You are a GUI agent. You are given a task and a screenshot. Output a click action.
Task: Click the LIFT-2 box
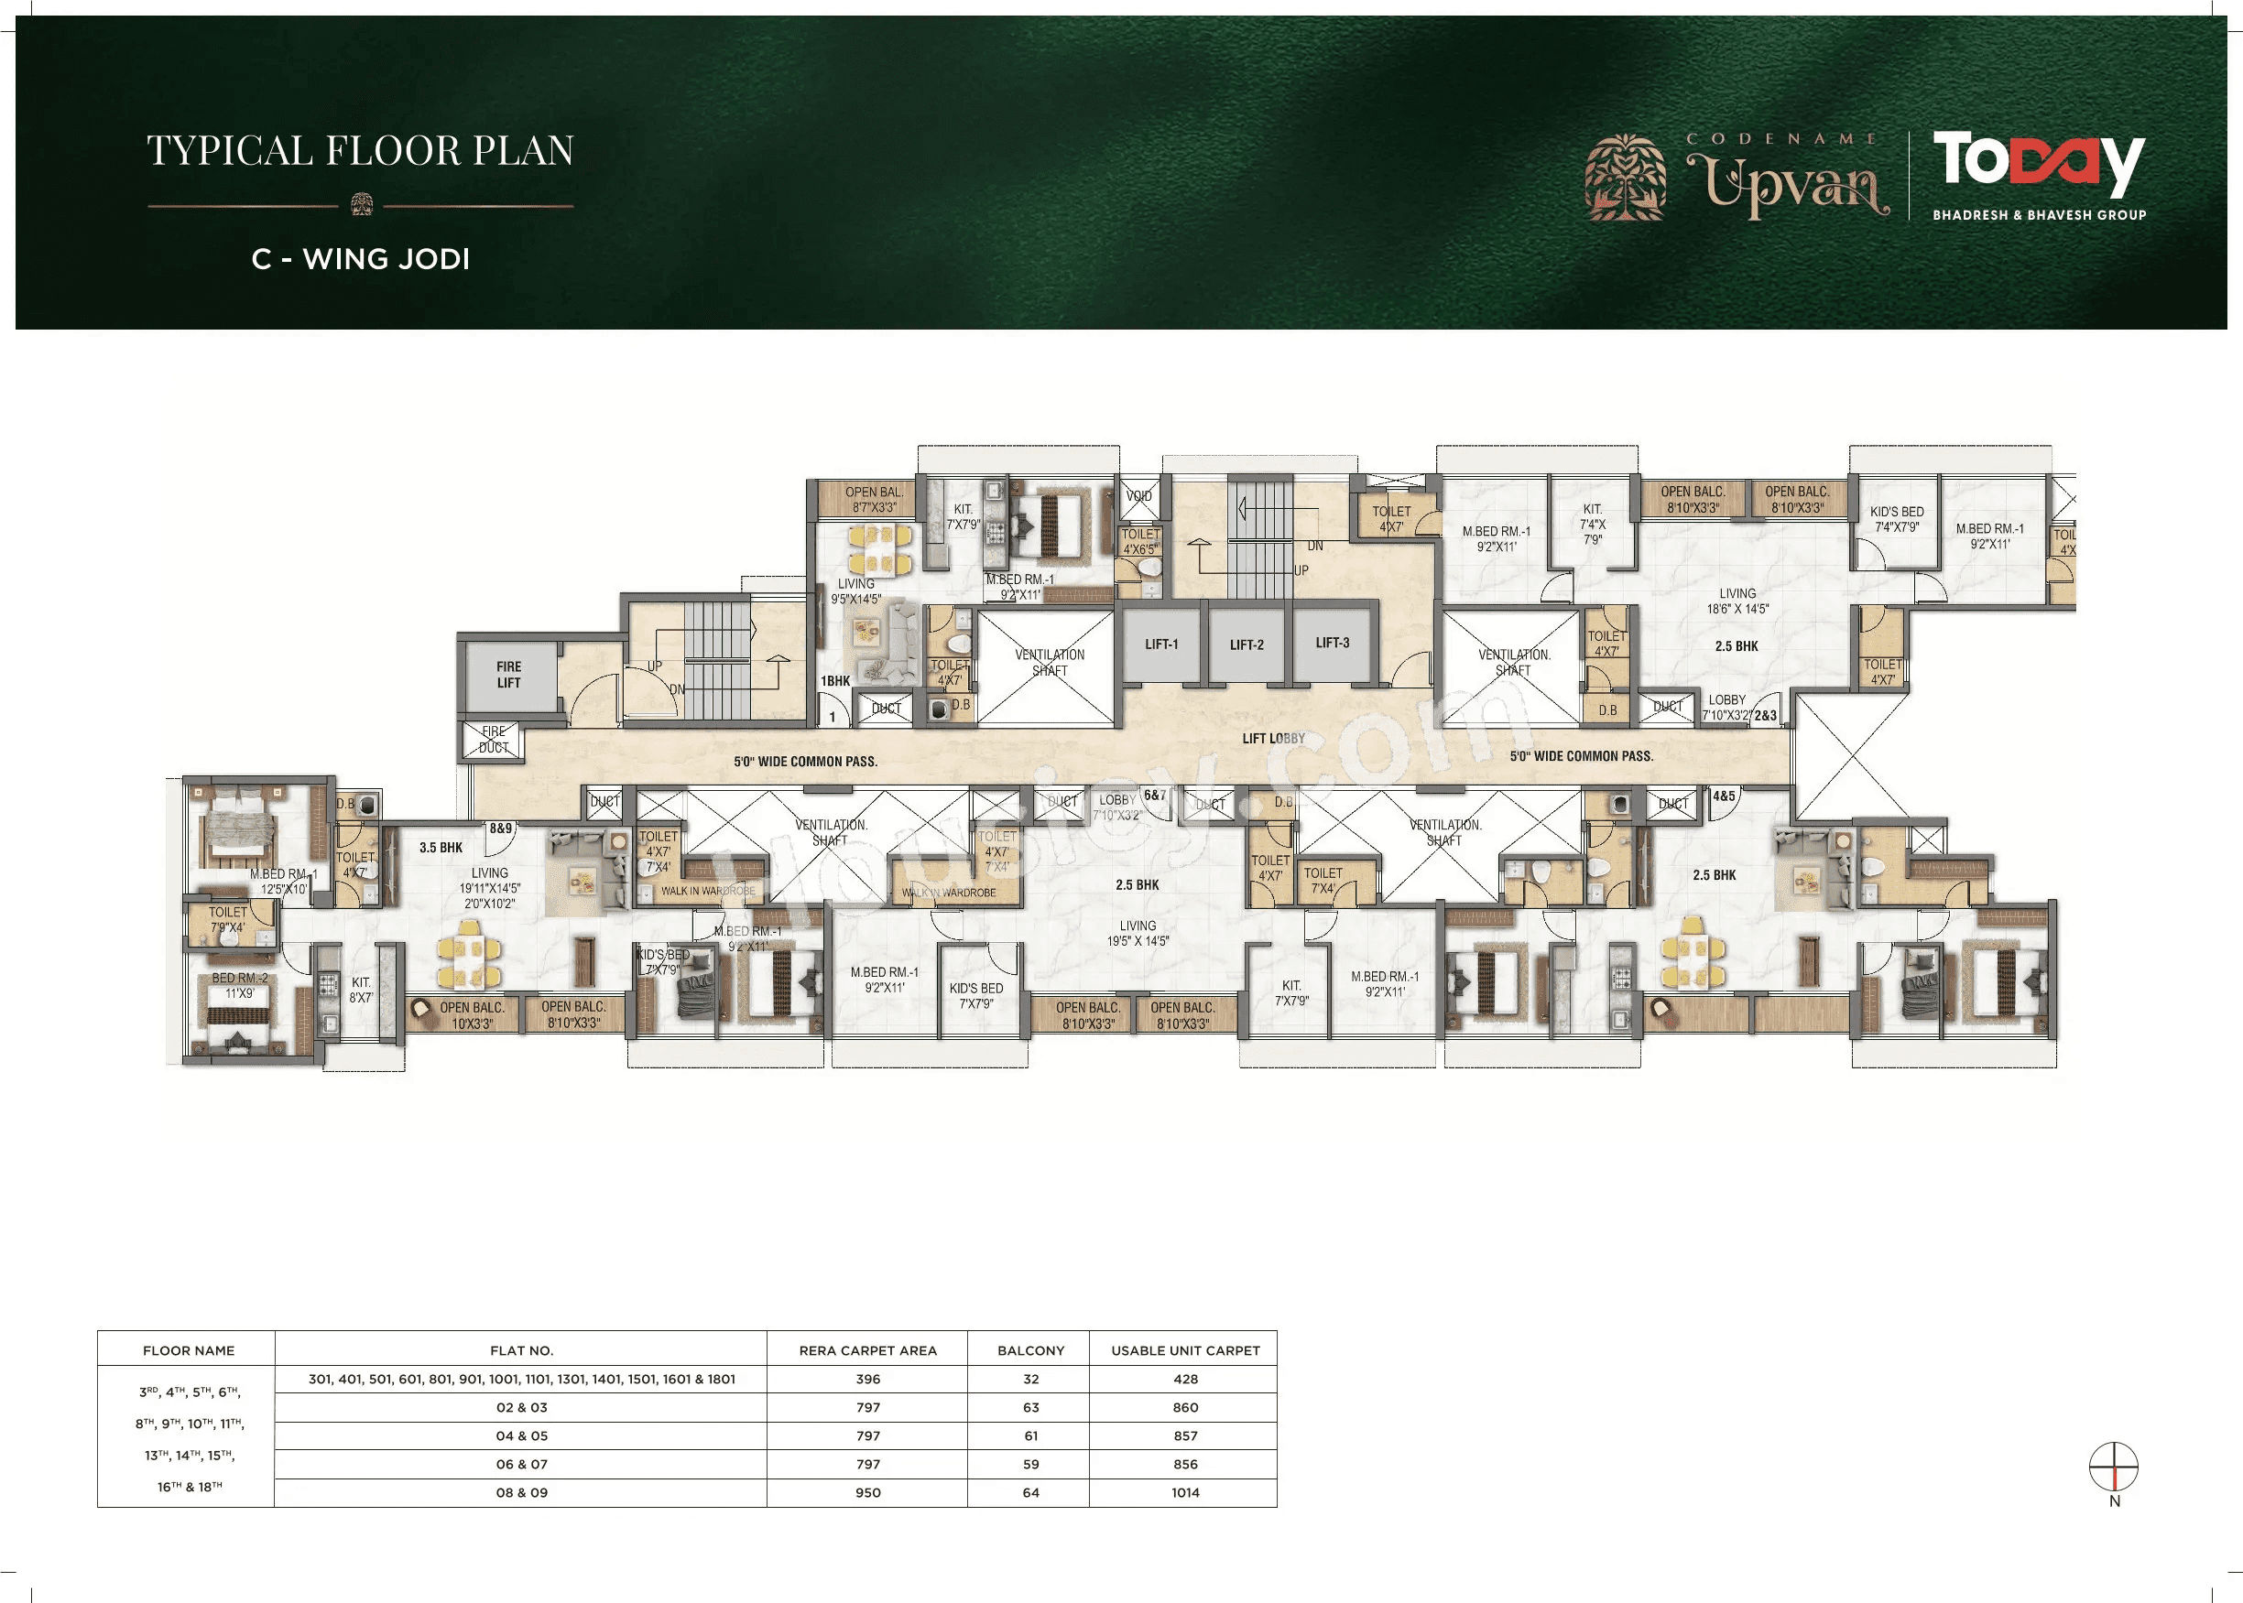1247,644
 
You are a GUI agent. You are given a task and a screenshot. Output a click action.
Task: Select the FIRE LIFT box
508,675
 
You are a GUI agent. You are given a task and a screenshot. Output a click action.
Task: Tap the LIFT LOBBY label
1273,738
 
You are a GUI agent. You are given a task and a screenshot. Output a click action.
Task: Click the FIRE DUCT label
493,740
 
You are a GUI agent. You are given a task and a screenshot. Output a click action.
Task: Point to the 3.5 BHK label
441,848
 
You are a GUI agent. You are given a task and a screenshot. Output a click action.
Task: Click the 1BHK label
835,681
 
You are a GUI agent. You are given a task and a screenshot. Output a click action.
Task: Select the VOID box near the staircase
1138,496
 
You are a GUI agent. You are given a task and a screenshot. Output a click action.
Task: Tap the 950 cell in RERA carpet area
867,1492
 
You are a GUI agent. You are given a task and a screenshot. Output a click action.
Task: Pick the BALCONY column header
1029,1350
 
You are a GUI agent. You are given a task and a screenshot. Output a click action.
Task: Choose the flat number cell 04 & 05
521,1436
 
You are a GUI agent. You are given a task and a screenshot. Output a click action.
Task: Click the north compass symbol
2114,1468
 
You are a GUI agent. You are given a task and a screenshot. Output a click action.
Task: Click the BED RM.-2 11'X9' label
240,985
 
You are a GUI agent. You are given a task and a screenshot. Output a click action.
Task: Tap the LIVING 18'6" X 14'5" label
1737,601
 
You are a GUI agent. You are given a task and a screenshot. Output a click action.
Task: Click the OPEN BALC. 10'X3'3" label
472,1015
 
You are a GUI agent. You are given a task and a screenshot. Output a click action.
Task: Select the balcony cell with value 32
1029,1379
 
